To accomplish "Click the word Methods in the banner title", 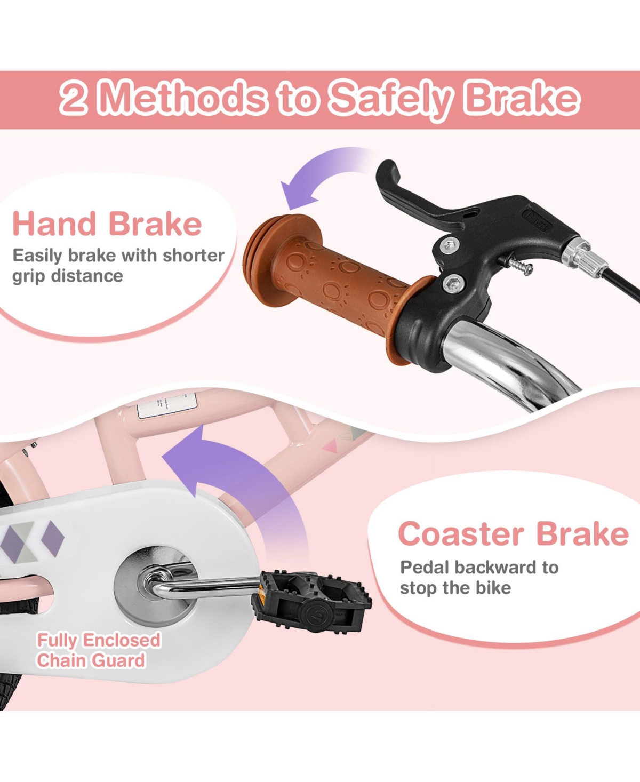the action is click(x=183, y=100).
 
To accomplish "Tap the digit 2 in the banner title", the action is click(x=74, y=100).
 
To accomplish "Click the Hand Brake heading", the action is click(x=107, y=224).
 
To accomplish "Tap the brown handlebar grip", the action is click(x=326, y=285).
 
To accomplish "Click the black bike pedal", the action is click(x=311, y=601).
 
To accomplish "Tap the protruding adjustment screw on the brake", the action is click(x=519, y=267).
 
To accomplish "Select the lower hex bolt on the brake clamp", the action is click(x=454, y=284).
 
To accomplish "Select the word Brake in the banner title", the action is click(x=523, y=100).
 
